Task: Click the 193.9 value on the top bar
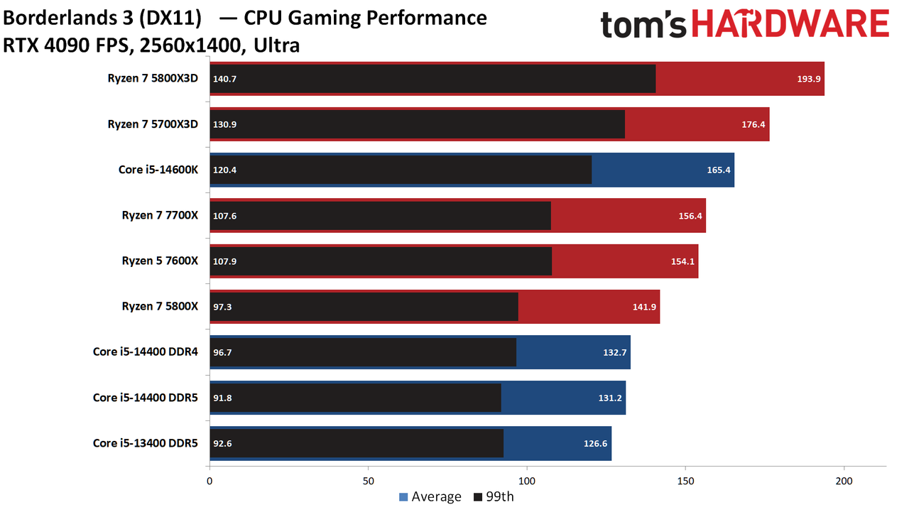click(809, 79)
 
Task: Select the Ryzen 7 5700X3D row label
click(153, 124)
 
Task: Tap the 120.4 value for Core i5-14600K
click(225, 170)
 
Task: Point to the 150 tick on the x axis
click(685, 481)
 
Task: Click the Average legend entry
click(430, 496)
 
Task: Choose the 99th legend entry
click(494, 496)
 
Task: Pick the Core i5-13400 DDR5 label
click(146, 443)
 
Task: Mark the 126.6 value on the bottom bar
click(595, 443)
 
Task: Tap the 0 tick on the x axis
click(209, 481)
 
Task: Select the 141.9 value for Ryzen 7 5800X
click(644, 307)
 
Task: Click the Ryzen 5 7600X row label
click(160, 261)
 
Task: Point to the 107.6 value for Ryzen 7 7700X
click(225, 216)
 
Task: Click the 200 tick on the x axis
click(844, 481)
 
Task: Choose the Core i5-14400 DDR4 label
click(146, 352)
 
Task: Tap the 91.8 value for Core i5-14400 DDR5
click(222, 398)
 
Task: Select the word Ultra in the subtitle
click(277, 45)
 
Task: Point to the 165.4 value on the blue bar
click(719, 170)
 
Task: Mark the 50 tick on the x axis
click(368, 481)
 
